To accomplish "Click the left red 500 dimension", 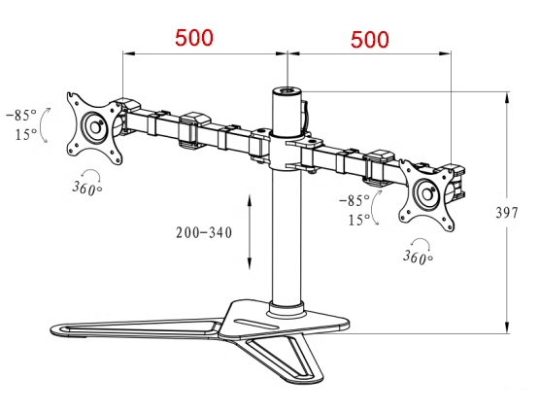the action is [194, 38].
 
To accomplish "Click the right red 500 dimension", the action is [369, 39].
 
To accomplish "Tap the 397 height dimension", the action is [507, 213].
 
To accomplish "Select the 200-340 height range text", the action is [204, 233].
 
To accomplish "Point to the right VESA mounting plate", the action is [427, 194].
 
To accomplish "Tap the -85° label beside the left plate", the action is [21, 115].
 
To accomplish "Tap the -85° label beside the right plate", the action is [354, 200].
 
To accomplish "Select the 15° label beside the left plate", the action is [26, 134].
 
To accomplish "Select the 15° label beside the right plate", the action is [359, 220].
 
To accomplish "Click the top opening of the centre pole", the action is [287, 91].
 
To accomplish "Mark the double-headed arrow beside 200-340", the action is [250, 231].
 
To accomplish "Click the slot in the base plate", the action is [255, 324].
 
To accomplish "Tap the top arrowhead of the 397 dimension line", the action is [507, 97].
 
